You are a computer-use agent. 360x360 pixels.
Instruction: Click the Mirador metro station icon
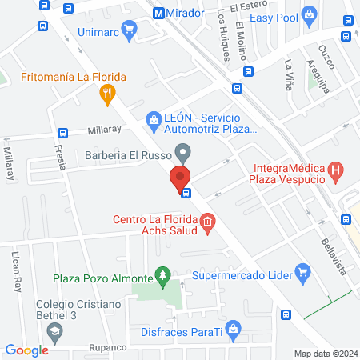coord(159,13)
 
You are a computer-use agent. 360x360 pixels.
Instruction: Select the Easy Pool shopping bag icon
coord(309,16)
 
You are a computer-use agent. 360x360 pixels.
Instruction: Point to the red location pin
coord(180,178)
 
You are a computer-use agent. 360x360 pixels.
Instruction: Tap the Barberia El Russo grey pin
coord(184,151)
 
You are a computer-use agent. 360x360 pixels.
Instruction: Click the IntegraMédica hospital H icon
coord(335,170)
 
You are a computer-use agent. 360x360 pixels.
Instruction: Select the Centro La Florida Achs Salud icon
coord(207,222)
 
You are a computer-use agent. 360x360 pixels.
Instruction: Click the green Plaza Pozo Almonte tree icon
coord(163,278)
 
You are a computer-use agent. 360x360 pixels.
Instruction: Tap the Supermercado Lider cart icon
coord(302,275)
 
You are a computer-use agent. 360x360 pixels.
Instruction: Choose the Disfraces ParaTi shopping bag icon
coord(233,327)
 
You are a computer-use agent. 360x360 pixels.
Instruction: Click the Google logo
coord(26,350)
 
